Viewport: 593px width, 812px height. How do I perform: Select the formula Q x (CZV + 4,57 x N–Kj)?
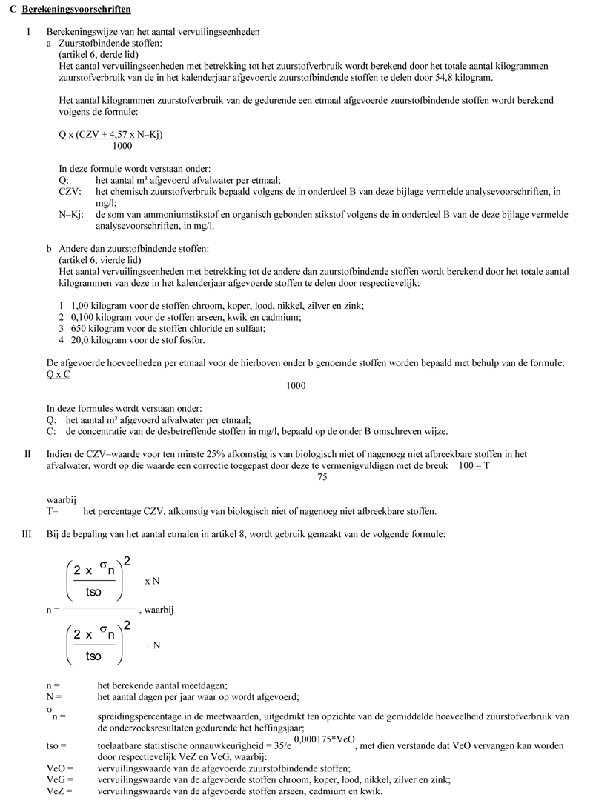tap(110, 134)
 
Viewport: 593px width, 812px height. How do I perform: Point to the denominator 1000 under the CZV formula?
tap(113, 147)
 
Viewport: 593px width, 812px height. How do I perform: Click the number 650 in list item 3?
tap(79, 328)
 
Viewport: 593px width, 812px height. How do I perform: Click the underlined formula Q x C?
tap(59, 374)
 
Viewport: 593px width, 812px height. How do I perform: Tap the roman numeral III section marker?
tap(27, 533)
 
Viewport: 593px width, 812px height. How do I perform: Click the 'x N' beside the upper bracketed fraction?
tap(152, 581)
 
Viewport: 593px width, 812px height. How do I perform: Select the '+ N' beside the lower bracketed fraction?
tap(152, 645)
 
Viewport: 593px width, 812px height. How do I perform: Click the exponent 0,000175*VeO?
tap(325, 738)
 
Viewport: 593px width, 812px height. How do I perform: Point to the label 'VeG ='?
tap(60, 779)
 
